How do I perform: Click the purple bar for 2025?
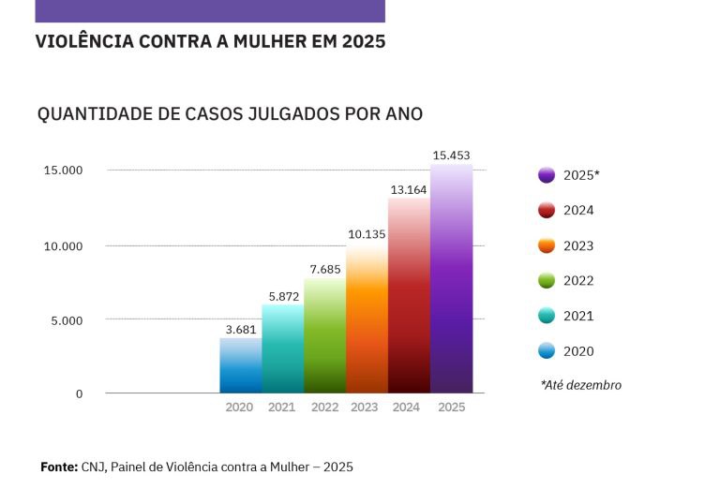coord(451,281)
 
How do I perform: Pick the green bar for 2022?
coord(324,337)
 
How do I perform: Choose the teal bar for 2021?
coord(282,349)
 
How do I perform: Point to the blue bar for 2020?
coord(240,366)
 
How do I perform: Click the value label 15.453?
coord(451,155)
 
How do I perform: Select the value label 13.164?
coord(409,190)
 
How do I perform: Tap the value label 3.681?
coord(241,330)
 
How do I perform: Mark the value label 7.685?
coord(324,270)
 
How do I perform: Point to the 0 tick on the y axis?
coord(79,394)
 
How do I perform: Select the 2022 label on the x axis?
coord(324,408)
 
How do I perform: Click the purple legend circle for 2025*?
coord(547,175)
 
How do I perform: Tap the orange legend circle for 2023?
coord(547,246)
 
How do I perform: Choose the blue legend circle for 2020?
coord(547,351)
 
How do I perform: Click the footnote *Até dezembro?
coord(580,385)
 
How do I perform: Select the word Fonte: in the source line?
coord(59,467)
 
